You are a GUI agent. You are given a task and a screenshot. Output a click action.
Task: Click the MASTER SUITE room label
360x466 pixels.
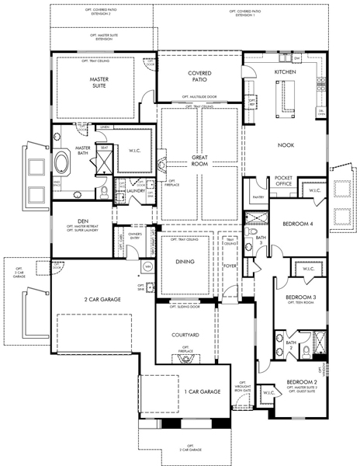(98, 83)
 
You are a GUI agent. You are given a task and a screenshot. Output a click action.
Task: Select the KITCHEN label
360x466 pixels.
(286, 71)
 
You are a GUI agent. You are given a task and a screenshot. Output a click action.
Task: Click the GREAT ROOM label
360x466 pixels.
(200, 161)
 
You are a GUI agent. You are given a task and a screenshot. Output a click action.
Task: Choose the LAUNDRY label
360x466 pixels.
(137, 190)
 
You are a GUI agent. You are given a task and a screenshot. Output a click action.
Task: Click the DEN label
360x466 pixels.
(81, 221)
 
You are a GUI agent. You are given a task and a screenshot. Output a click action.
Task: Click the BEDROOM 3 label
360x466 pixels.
(300, 297)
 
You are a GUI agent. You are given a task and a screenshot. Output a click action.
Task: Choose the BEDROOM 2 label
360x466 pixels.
(301, 382)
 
